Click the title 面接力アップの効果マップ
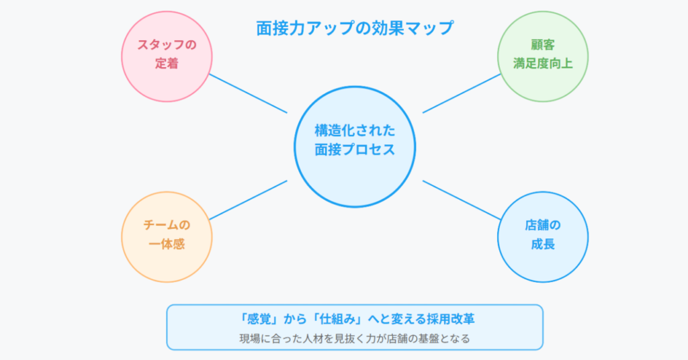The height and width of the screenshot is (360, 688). [355, 28]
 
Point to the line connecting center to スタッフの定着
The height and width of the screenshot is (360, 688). [248, 93]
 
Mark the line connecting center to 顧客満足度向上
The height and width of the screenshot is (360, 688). [462, 93]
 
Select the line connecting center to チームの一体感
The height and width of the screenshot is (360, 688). [248, 200]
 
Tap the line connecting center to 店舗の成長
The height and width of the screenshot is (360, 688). [462, 200]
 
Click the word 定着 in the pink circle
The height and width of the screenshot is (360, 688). [167, 64]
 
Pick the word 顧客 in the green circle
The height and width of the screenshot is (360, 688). [543, 45]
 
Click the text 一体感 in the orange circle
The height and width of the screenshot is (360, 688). [167, 244]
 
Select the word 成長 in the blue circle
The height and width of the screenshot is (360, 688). [543, 244]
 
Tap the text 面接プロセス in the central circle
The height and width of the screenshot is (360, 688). [355, 150]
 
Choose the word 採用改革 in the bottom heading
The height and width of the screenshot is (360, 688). [451, 319]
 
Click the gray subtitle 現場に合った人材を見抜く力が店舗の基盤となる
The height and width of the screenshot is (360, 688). [355, 339]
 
